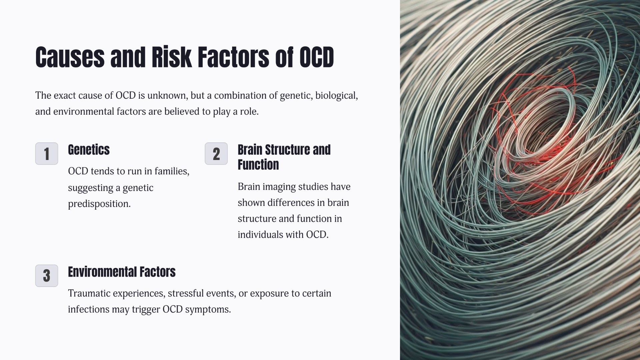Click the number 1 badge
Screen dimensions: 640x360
click(x=47, y=154)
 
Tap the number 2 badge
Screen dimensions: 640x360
click(x=216, y=154)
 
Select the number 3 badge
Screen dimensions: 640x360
click(x=47, y=276)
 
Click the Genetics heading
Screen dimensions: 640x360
click(x=89, y=150)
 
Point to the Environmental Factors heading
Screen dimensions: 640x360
click(x=122, y=272)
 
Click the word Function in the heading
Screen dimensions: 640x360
click(x=258, y=165)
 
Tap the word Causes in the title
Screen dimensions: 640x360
click(x=70, y=57)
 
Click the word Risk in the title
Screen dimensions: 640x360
click(x=172, y=57)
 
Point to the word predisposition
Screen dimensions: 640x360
click(x=99, y=204)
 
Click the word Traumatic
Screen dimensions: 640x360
click(x=89, y=293)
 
